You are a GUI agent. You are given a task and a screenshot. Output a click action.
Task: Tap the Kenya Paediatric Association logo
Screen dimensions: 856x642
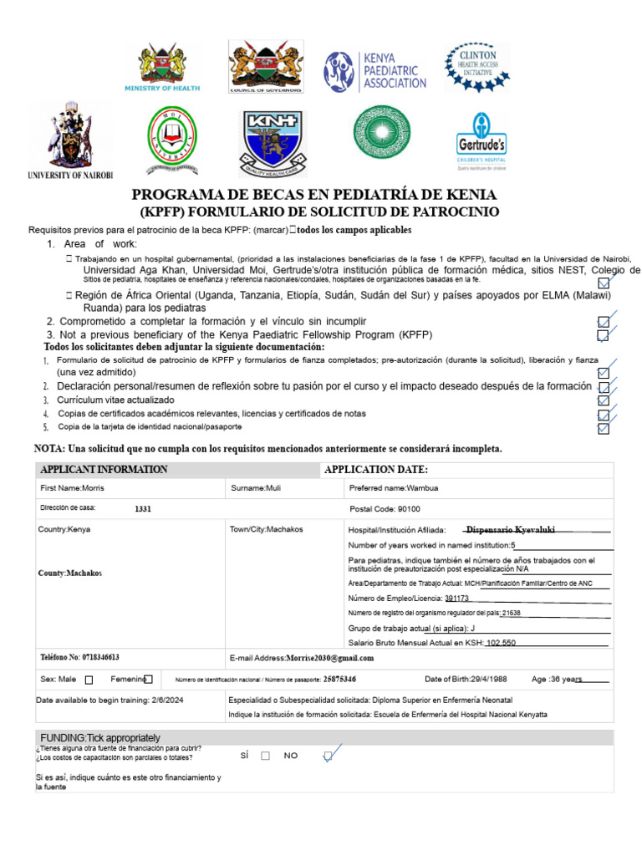tap(375, 71)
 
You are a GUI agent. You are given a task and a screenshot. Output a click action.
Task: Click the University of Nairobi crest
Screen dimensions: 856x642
tap(69, 140)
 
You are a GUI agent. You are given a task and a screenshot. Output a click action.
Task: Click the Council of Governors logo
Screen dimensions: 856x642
tap(267, 67)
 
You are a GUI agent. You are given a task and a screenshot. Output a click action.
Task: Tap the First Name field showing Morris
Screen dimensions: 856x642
tap(73, 487)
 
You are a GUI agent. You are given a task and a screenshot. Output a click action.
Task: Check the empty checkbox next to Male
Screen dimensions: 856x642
tap(89, 680)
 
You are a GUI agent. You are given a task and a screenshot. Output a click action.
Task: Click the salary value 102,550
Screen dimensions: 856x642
tap(501, 642)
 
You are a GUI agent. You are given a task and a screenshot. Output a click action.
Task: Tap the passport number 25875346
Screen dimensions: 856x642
tap(339, 680)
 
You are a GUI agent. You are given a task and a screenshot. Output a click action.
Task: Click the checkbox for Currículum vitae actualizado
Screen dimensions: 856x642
tap(603, 400)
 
